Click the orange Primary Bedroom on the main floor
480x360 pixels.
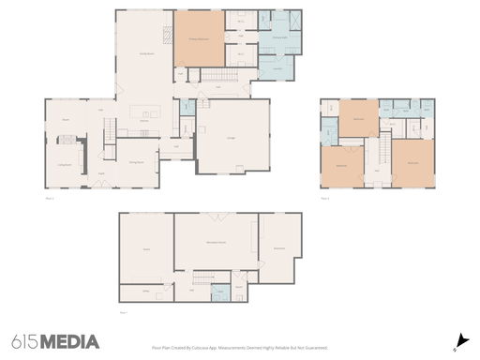coord(199,38)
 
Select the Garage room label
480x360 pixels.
coord(231,137)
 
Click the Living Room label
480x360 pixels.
coord(65,162)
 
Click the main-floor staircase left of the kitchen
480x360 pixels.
coord(109,132)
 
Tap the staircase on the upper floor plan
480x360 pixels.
coord(383,151)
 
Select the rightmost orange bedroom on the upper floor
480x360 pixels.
coord(412,163)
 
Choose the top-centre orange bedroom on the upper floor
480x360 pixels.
coord(358,119)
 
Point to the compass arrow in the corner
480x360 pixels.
coord(460,341)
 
